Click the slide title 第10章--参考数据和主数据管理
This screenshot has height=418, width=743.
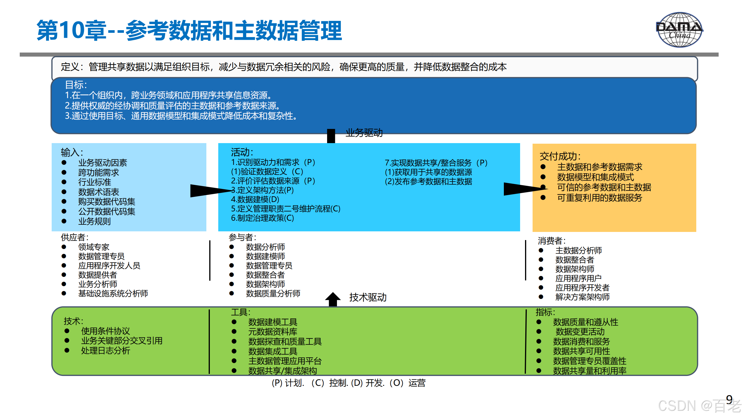click(189, 30)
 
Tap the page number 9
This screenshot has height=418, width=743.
click(729, 399)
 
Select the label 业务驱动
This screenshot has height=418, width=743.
click(364, 133)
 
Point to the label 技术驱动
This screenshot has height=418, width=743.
click(368, 298)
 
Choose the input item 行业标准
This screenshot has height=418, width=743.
click(95, 182)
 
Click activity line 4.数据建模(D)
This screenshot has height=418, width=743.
click(255, 199)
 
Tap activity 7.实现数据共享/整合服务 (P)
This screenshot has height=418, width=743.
click(436, 163)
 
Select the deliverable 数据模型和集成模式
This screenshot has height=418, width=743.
click(595, 177)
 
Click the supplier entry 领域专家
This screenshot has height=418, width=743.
click(94, 247)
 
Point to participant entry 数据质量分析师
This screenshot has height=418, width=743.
click(273, 293)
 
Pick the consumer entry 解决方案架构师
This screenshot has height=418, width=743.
click(582, 297)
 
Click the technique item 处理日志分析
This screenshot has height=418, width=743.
click(106, 351)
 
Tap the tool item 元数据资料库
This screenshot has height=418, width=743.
click(273, 332)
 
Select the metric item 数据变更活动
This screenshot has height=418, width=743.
click(580, 332)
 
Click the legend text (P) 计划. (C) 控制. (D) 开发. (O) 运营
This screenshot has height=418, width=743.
click(348, 383)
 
